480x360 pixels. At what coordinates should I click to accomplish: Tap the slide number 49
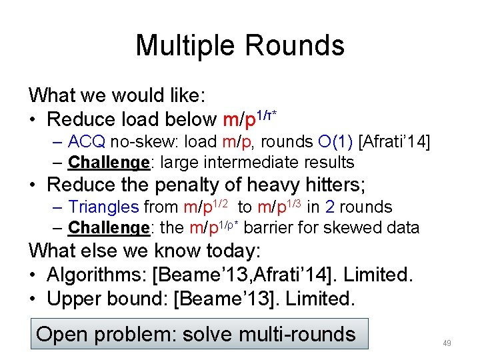(447, 343)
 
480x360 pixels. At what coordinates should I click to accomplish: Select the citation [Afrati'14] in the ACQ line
(395, 141)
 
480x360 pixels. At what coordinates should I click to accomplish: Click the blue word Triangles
(103, 207)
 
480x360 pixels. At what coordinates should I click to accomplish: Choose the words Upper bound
(106, 299)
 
